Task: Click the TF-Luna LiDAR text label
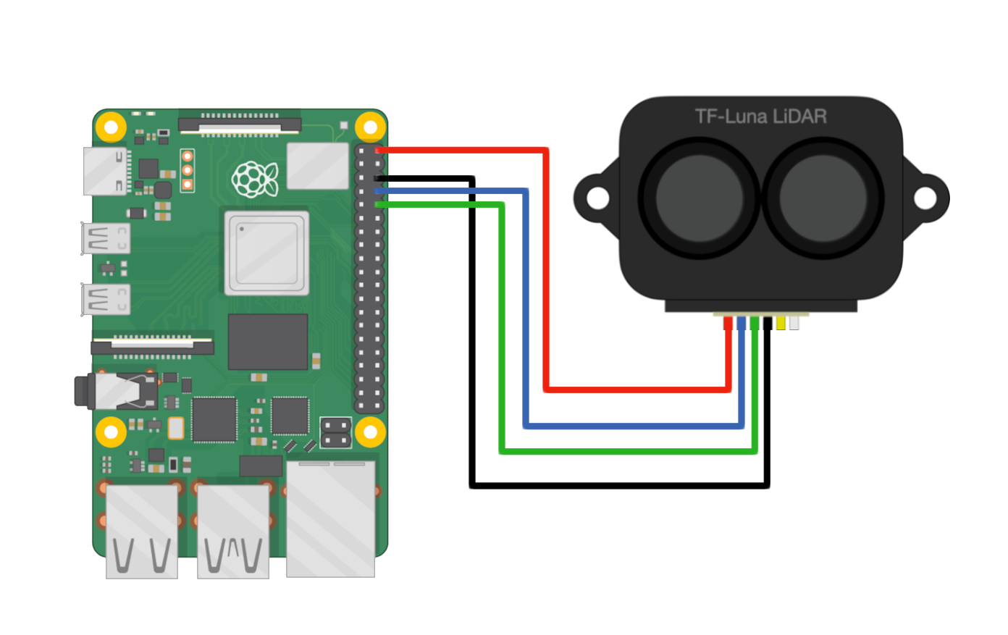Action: [760, 116]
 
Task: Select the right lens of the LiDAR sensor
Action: [823, 197]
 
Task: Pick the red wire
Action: [547, 290]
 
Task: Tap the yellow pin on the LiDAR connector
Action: [780, 323]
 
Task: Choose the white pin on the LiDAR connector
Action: [794, 323]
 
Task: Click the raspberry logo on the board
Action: [254, 179]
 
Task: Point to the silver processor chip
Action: [266, 253]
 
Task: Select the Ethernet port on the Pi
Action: [331, 518]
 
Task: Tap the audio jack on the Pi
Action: [116, 391]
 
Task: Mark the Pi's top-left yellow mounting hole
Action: [111, 127]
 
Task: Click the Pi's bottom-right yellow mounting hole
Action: [370, 432]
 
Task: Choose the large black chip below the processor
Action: [268, 342]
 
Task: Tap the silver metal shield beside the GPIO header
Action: [318, 166]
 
